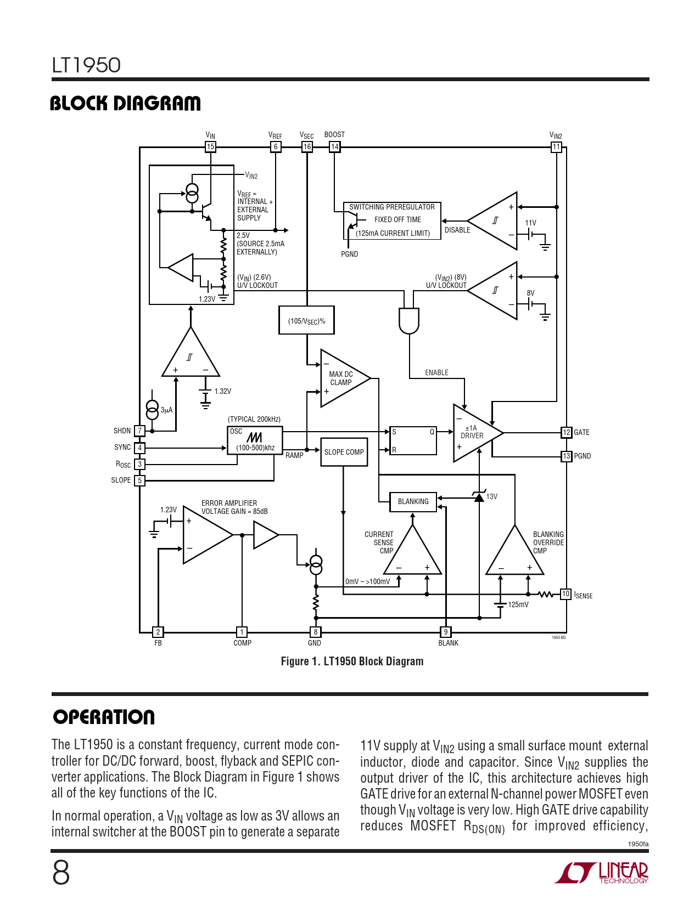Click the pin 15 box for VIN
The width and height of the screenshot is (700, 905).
tap(210, 146)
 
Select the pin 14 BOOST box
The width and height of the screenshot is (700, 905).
tap(334, 146)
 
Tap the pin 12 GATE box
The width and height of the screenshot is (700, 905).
tap(567, 432)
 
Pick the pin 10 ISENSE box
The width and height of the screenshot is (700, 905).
tap(565, 594)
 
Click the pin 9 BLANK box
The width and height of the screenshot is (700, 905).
tap(446, 632)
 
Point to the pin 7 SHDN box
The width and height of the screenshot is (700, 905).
tap(140, 431)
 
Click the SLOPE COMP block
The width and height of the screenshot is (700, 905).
tap(344, 452)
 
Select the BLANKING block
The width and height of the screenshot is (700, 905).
tap(413, 501)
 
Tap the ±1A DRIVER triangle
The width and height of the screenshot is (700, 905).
tap(473, 433)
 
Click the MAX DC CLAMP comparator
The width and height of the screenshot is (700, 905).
tap(341, 378)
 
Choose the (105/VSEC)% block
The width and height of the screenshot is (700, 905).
tap(306, 321)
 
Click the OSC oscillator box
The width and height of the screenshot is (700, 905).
tap(255, 440)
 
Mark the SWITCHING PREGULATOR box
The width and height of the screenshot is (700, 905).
tap(392, 220)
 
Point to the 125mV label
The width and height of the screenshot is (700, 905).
tap(518, 604)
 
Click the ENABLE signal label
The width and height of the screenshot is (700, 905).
tap(436, 373)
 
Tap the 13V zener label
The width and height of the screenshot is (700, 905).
tap(492, 497)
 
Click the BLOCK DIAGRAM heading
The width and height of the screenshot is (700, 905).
tap(125, 103)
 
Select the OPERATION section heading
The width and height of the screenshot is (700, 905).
tap(104, 717)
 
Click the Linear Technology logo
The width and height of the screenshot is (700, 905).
tap(602, 872)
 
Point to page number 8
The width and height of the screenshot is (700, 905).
tap(61, 873)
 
